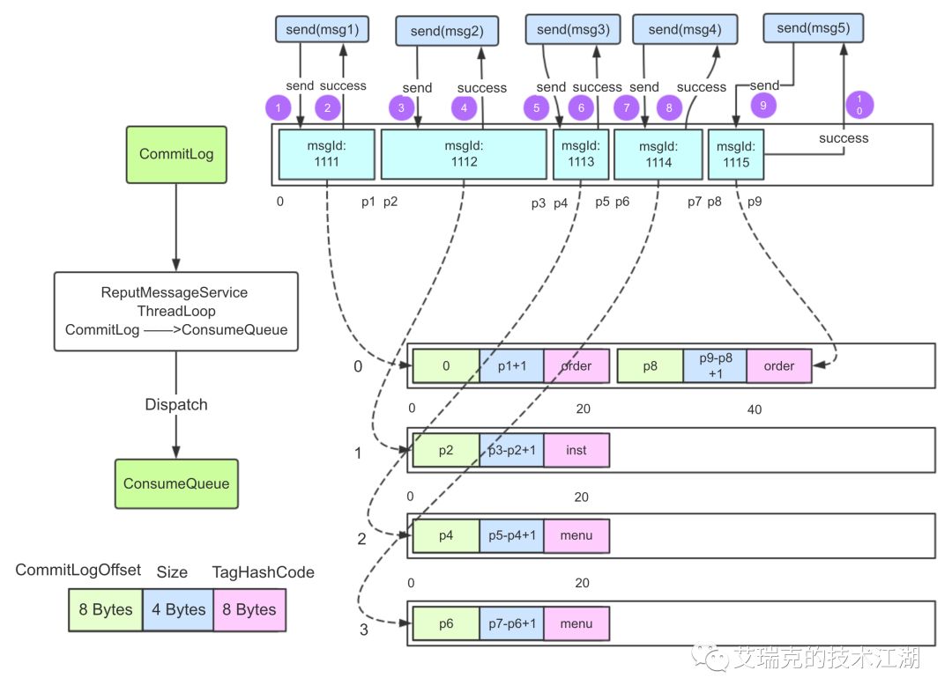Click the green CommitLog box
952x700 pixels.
pyautogui.click(x=175, y=154)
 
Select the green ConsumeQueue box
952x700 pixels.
pyautogui.click(x=175, y=483)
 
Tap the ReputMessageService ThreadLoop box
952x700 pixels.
pyautogui.click(x=175, y=312)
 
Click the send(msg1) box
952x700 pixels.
pyautogui.click(x=323, y=29)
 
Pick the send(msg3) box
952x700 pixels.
pyautogui.click(x=573, y=29)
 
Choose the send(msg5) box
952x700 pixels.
pyautogui.click(x=813, y=28)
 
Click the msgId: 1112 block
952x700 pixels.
pyautogui.click(x=464, y=154)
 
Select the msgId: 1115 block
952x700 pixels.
pyautogui.click(x=735, y=154)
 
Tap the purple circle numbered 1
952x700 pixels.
pyautogui.click(x=278, y=107)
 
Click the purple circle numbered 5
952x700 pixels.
pyautogui.click(x=536, y=107)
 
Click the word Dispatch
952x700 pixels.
pyautogui.click(x=175, y=405)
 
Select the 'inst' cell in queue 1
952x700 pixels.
pyautogui.click(x=576, y=450)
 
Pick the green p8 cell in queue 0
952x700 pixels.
pyautogui.click(x=650, y=365)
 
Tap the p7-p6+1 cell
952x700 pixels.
pyautogui.click(x=511, y=624)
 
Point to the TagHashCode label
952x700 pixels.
pyautogui.click(x=263, y=572)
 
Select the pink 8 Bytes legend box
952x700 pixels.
pyautogui.click(x=249, y=610)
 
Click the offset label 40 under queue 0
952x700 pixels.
pyautogui.click(x=754, y=409)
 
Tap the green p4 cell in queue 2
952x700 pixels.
pyautogui.click(x=446, y=535)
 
